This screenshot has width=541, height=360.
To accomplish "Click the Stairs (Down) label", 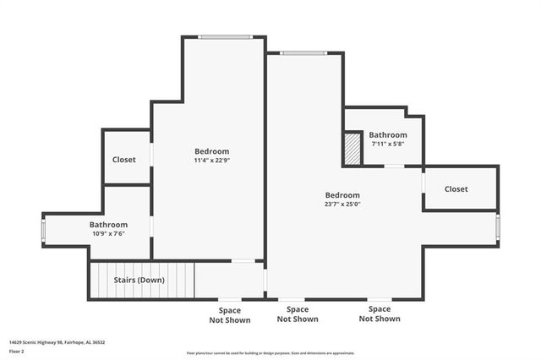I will (140, 280).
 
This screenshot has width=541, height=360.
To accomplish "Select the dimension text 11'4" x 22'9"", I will (211, 160).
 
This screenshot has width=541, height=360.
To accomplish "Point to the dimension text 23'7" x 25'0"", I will (342, 204).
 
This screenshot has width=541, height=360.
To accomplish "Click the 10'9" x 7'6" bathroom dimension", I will (107, 233).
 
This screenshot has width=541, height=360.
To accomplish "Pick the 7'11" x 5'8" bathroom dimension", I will (388, 144).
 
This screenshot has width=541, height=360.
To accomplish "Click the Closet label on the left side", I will (124, 159).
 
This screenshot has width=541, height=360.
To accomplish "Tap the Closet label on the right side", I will (456, 189).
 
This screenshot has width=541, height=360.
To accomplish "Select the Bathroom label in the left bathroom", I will (108, 225).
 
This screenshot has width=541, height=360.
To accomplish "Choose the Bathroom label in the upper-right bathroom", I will (388, 134).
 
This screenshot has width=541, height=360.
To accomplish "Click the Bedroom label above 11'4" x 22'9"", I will (211, 151).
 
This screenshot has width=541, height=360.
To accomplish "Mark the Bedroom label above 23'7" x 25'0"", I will (342, 194).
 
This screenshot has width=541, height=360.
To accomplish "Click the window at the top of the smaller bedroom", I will (225, 36).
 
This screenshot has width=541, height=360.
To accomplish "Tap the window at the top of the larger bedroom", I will (304, 53).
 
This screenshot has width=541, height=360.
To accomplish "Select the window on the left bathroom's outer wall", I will (44, 229).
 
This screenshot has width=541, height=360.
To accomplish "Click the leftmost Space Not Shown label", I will (230, 315).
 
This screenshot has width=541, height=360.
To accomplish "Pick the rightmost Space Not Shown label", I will (380, 314).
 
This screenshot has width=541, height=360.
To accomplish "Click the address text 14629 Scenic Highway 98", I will (57, 342).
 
